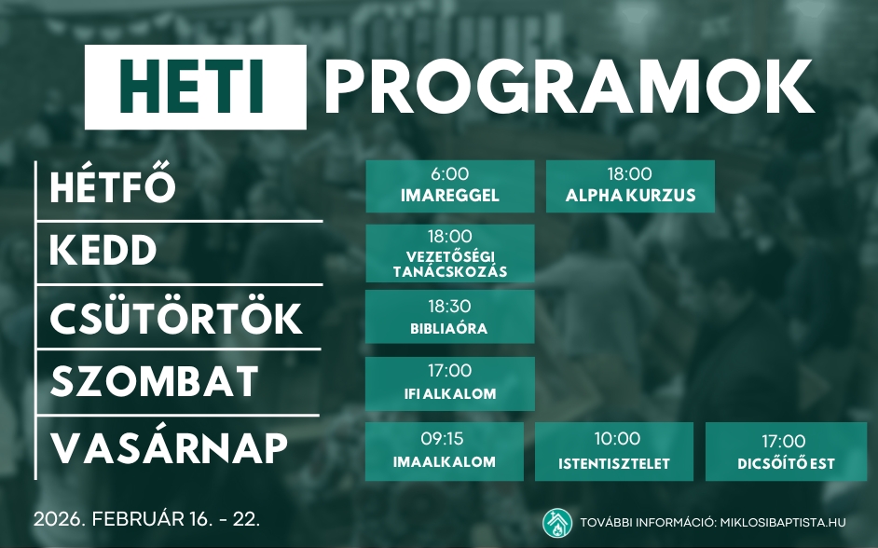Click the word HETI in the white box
click(195, 87)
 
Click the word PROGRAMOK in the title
click(569, 87)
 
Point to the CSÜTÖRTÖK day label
click(176, 318)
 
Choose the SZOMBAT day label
click(154, 381)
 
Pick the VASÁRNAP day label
click(169, 448)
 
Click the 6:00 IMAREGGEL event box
click(449, 185)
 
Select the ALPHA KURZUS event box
click(630, 185)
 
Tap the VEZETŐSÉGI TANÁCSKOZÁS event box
click(449, 253)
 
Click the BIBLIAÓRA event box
click(449, 317)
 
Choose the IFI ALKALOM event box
click(449, 383)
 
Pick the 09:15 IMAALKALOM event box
click(444, 451)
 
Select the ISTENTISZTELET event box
click(614, 451)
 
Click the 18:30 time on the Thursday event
click(449, 306)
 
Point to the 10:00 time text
click(617, 439)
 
